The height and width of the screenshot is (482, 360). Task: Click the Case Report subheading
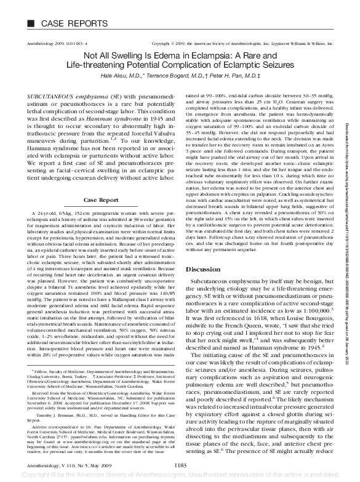101,183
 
